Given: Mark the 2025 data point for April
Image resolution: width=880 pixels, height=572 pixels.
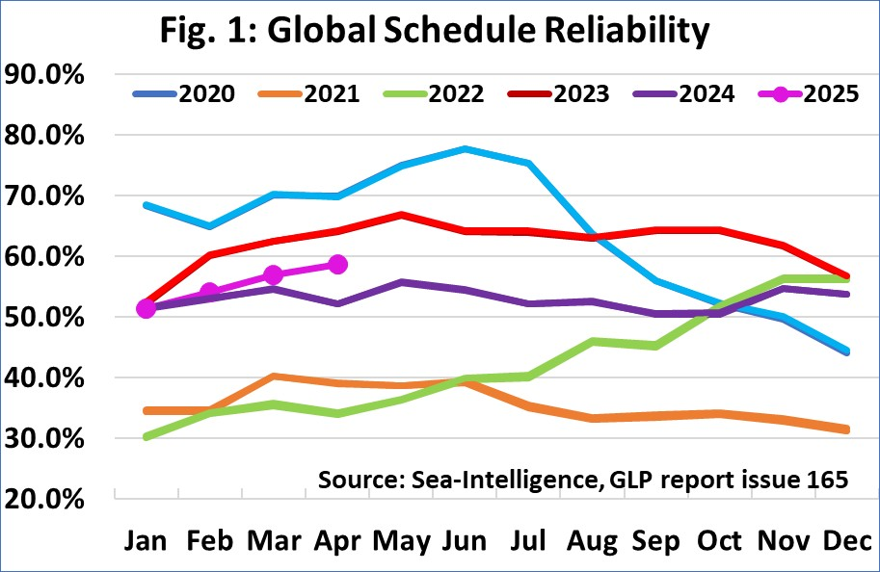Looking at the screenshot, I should click(x=337, y=264).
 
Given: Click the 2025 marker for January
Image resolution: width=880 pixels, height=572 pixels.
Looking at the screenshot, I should click(x=147, y=308).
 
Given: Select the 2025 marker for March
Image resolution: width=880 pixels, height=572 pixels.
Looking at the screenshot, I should click(x=274, y=275).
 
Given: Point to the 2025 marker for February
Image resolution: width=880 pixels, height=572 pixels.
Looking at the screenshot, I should click(x=210, y=292).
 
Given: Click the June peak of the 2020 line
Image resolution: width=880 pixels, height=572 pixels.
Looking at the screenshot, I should click(x=465, y=148).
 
